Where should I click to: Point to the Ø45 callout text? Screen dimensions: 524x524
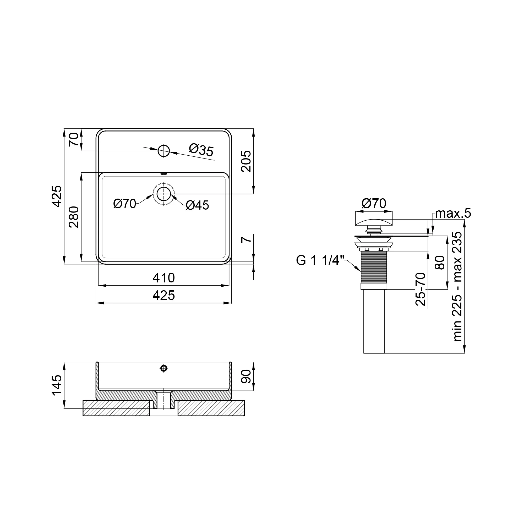[198, 205]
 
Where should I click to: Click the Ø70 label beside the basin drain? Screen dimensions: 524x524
[125, 204]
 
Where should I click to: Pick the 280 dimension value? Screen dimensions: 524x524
[74, 217]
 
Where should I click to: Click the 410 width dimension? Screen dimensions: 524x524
[163, 278]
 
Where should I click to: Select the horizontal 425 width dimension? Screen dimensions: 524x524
[163, 295]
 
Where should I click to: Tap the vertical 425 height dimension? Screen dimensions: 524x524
[57, 196]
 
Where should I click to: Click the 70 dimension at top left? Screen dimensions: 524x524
[74, 139]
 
